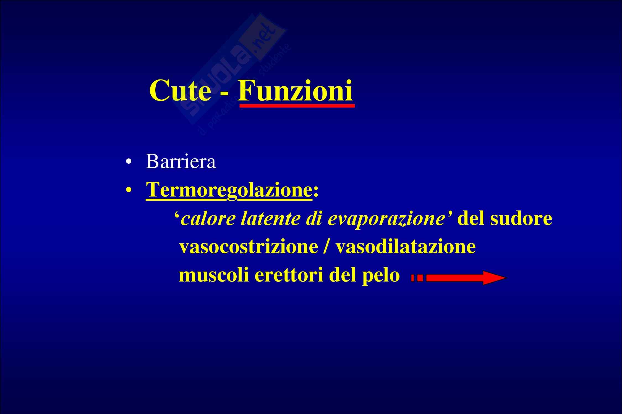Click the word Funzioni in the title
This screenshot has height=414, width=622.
295,91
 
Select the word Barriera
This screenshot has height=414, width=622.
181,161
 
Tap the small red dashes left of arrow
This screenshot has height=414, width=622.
417,278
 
